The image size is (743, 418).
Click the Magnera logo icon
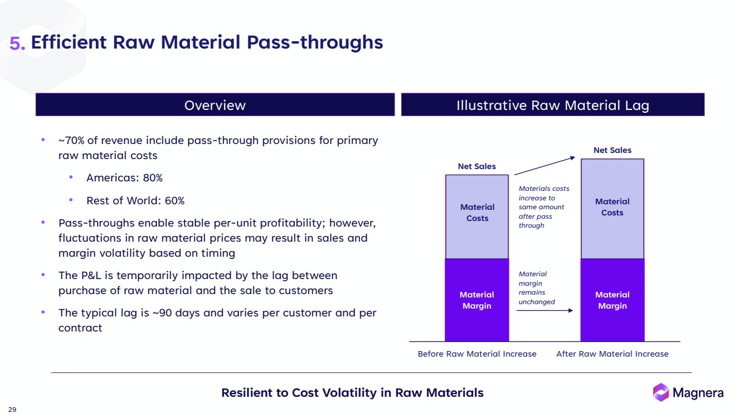(661, 392)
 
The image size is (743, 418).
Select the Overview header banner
(215, 105)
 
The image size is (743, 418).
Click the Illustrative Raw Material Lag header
(552, 105)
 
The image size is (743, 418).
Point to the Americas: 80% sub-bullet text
(124, 178)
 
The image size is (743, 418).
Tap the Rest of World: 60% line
(135, 200)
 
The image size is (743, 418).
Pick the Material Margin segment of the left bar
(477, 300)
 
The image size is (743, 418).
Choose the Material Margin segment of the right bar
(612, 300)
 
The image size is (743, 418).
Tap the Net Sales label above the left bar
(477, 166)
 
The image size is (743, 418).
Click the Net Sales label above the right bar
(612, 150)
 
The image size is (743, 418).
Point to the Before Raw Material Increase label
(477, 354)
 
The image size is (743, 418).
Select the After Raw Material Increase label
(612, 354)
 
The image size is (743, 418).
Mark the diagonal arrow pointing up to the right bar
(545, 166)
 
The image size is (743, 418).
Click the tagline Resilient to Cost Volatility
(352, 392)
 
